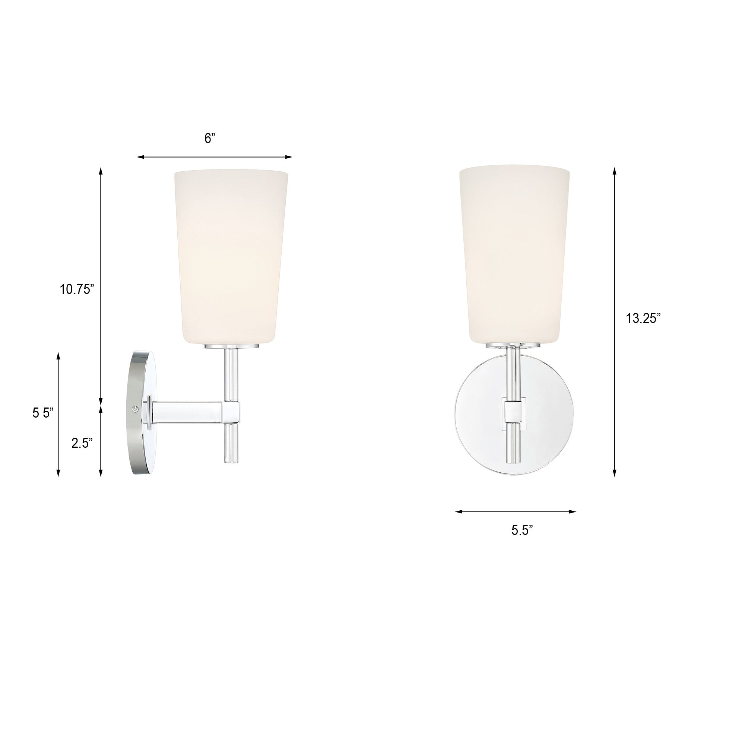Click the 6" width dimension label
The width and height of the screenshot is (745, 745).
click(x=210, y=139)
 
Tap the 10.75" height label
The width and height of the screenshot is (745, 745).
click(x=77, y=289)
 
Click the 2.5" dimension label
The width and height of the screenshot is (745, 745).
click(x=82, y=443)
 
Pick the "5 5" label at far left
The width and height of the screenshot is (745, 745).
click(x=42, y=413)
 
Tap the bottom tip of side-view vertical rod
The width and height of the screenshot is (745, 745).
click(x=231, y=461)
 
